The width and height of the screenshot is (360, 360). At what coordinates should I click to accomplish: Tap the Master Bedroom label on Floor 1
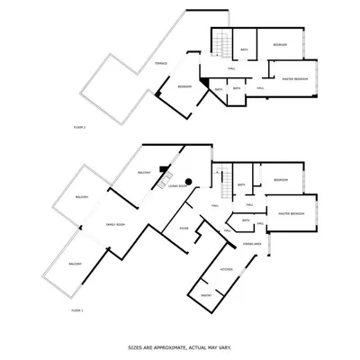click(x=289, y=213)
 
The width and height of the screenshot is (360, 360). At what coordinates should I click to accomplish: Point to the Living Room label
click(x=176, y=185)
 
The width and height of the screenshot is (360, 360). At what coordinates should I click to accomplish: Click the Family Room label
click(x=115, y=224)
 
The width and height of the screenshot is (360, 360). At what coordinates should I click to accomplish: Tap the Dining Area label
click(x=252, y=243)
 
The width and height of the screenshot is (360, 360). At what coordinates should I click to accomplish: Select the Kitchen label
click(x=227, y=269)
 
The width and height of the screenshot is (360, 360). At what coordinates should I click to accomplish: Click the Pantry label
click(x=206, y=294)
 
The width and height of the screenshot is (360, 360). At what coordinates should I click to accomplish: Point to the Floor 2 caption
click(x=79, y=129)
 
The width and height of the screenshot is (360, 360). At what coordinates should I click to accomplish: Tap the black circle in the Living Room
click(x=190, y=182)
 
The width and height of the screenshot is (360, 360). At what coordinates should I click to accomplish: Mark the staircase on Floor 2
click(x=220, y=40)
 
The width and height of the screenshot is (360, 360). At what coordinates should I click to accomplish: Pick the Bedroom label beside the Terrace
click(x=184, y=86)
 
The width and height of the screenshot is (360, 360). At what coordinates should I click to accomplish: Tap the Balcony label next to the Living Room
click(x=143, y=171)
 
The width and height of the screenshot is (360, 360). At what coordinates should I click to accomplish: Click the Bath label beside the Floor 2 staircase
click(x=244, y=50)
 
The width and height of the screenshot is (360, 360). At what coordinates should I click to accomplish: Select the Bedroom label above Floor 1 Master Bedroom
click(x=281, y=179)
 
